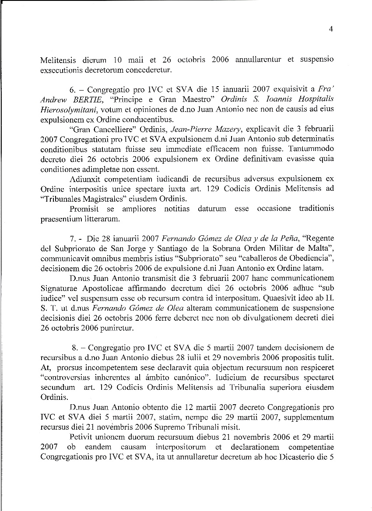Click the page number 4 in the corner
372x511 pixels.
point(331,29)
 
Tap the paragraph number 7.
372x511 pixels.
point(72,239)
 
